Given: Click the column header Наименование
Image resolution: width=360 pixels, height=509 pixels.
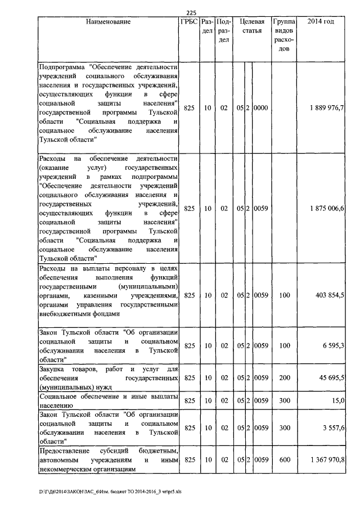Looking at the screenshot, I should point(109,22).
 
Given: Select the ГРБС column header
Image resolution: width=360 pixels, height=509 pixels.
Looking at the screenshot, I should point(189,22).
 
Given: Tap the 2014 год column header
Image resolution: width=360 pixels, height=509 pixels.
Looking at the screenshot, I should point(321,22).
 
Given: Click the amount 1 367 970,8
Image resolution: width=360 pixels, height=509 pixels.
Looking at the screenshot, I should point(327,460).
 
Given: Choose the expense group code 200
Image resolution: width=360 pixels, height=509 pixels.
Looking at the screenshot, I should point(284,379).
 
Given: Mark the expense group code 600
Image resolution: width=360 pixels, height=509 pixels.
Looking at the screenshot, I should point(284,460).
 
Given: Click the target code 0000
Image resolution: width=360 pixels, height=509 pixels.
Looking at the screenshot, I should point(261,107).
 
